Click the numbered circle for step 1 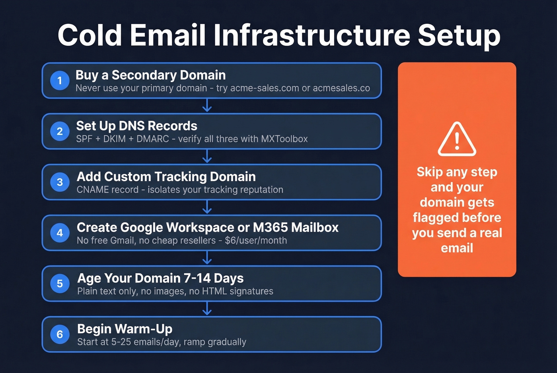60,81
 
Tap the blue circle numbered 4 60,233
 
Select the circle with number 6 60,334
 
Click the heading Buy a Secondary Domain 150,75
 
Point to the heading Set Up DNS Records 136,126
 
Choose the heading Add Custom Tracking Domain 166,177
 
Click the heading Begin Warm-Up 125,329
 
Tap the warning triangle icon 457,139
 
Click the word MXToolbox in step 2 284,139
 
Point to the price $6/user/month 256,241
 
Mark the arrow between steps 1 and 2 207,106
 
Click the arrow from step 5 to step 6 207,309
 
